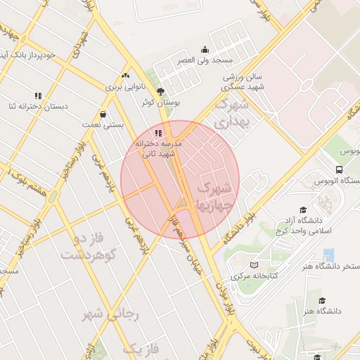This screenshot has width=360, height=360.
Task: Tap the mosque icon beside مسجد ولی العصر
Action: (205, 49)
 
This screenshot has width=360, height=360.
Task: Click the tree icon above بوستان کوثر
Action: (161, 91)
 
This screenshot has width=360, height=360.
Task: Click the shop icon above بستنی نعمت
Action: (104, 113)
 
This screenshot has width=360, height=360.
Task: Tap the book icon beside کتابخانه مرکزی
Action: (254, 265)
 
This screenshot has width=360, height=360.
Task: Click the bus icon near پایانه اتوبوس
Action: (340, 170)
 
